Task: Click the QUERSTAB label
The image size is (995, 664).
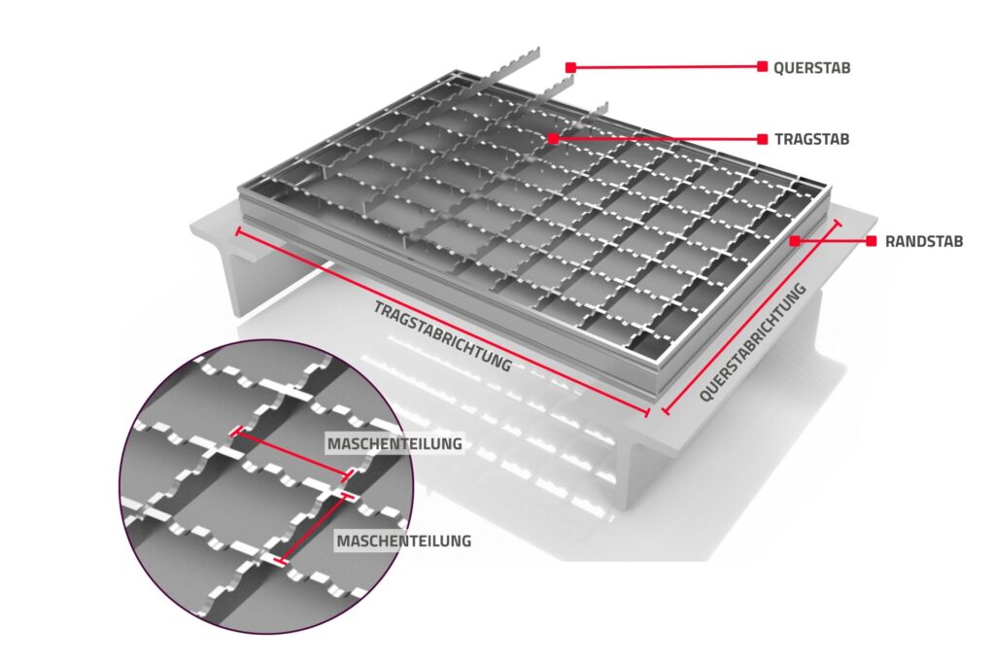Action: point(811,67)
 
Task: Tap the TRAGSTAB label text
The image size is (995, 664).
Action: point(811,139)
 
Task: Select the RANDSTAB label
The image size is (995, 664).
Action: point(924,241)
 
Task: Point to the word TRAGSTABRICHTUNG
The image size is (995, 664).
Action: point(442,335)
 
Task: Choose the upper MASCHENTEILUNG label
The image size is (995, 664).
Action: point(395,443)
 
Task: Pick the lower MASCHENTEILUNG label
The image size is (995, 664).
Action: point(403,541)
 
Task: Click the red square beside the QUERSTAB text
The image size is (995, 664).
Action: point(762,66)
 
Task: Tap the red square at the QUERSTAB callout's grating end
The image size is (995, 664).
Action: point(570,67)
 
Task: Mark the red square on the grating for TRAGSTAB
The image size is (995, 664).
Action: point(553,138)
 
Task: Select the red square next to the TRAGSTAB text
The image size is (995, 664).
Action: point(762,139)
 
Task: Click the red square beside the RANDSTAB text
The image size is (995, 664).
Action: point(872,241)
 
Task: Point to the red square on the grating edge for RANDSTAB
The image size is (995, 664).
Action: point(795,240)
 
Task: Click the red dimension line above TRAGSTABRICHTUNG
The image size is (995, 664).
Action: point(442,322)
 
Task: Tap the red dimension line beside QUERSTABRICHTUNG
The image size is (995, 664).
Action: point(752,317)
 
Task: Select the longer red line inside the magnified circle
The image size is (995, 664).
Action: point(292,453)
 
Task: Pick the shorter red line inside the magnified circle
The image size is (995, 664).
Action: point(314,528)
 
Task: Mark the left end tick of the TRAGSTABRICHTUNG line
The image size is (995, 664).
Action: point(239,231)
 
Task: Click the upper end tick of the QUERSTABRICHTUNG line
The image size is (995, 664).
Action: point(839,224)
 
